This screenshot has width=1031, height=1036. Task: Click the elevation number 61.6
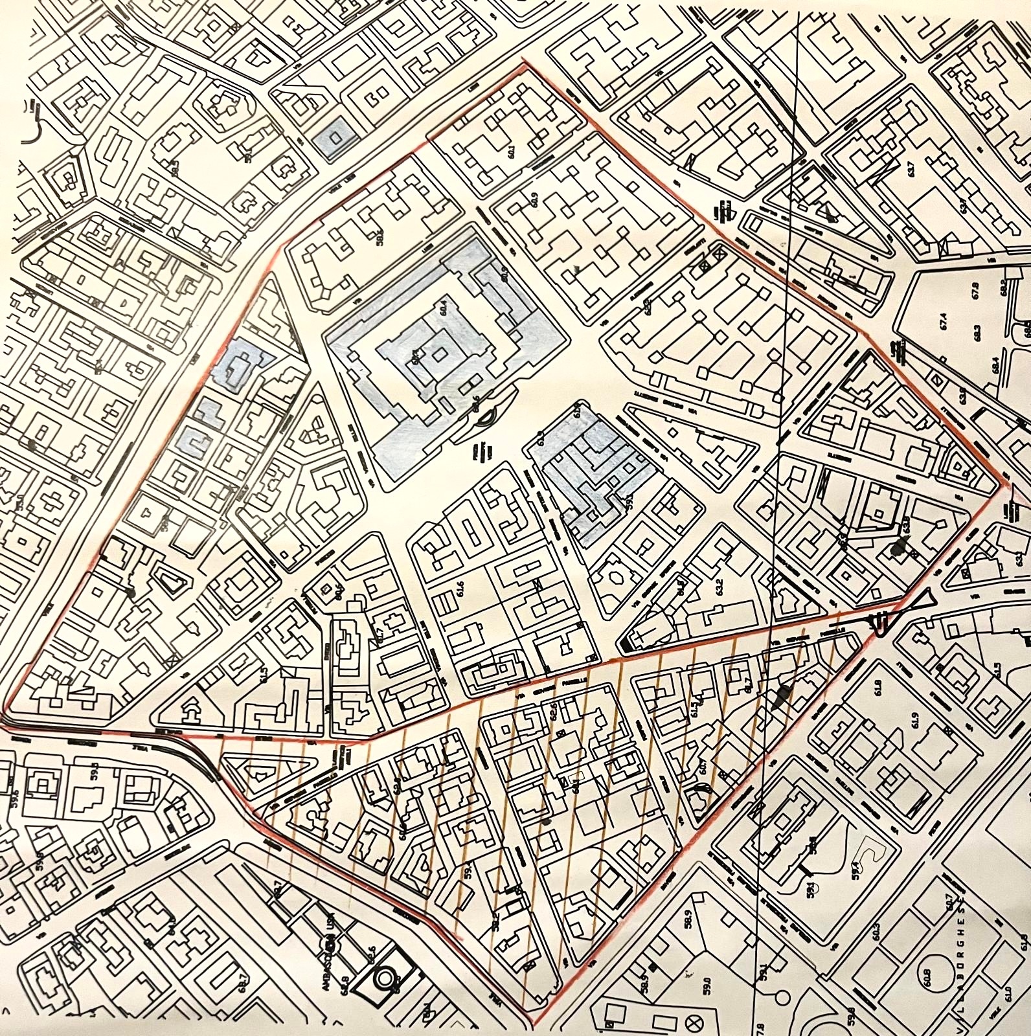tap(460, 589)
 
